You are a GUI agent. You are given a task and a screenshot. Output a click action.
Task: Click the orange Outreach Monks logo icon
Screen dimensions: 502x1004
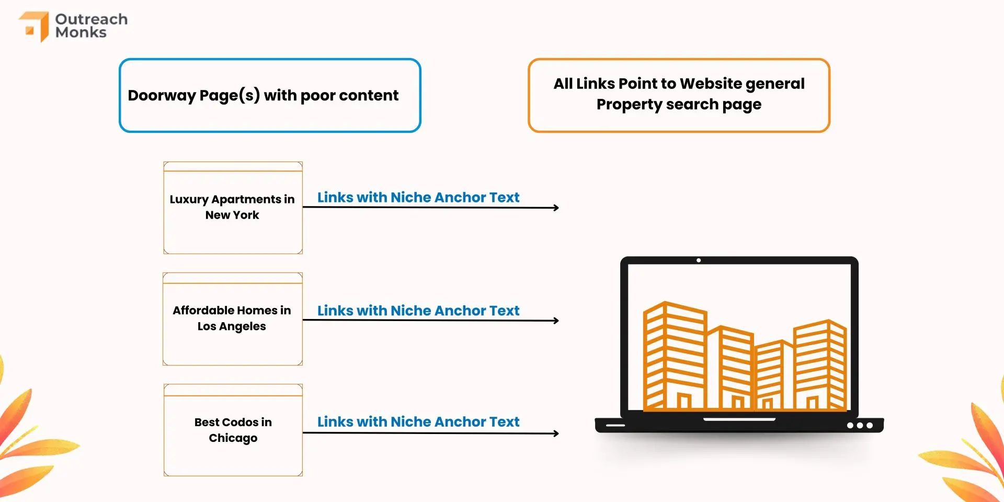(x=35, y=26)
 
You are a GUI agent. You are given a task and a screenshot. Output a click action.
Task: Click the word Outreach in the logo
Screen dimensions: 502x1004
(x=92, y=19)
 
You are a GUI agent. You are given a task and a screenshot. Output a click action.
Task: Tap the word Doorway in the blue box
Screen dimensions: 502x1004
(x=162, y=96)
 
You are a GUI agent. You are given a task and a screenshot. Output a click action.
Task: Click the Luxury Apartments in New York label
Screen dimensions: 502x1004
(x=232, y=207)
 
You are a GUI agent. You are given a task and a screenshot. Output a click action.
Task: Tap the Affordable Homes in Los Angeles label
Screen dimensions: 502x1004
(x=232, y=318)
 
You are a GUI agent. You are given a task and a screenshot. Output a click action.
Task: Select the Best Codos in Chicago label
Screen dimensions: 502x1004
(x=233, y=430)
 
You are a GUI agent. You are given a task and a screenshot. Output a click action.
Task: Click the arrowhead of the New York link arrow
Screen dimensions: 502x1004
(x=556, y=208)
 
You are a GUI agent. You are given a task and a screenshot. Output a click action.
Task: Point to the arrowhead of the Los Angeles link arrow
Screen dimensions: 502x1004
(x=556, y=321)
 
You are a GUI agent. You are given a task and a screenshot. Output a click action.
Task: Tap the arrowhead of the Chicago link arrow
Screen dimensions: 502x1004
(x=556, y=433)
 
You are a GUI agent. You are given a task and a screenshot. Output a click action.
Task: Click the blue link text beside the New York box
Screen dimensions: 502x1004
(x=418, y=197)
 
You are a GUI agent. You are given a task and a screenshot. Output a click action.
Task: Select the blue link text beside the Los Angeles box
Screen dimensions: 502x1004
(x=418, y=311)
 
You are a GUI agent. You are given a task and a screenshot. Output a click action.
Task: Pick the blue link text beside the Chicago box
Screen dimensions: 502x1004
(x=418, y=422)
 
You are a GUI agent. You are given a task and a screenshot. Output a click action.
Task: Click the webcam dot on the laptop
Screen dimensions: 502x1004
(x=699, y=260)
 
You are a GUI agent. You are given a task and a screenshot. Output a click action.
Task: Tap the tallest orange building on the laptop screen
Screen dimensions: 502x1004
(x=675, y=356)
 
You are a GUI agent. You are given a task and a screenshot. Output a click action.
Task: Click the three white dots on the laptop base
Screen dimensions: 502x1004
(x=860, y=426)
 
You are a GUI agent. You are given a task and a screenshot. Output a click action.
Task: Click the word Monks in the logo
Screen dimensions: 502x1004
(x=81, y=32)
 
